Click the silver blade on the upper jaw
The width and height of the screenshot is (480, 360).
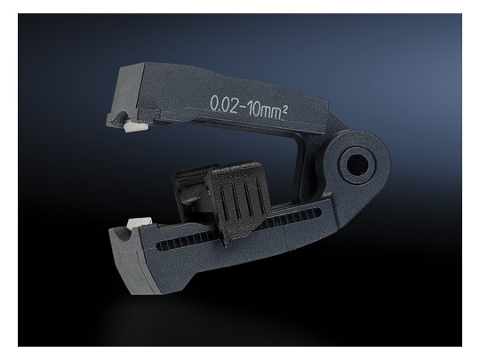click(137, 126)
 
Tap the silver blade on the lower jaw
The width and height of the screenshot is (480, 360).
click(140, 223)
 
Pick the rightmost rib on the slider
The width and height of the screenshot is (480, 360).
click(260, 196)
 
